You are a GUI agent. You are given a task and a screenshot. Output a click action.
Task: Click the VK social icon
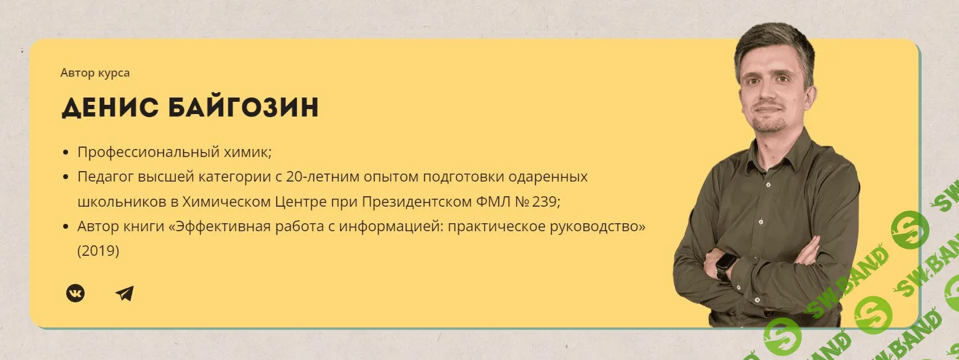(75, 293)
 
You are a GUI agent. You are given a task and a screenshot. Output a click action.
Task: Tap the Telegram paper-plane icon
(124, 294)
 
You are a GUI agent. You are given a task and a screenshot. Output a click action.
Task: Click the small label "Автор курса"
(95, 73)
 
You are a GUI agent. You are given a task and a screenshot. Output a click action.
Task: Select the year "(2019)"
(98, 251)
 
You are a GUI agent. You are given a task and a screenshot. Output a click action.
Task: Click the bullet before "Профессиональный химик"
(66, 152)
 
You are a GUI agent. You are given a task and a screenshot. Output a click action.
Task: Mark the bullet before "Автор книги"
(66, 226)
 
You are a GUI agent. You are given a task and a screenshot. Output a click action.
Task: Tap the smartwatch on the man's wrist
(725, 266)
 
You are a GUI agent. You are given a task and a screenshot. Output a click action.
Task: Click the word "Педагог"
(99, 177)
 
